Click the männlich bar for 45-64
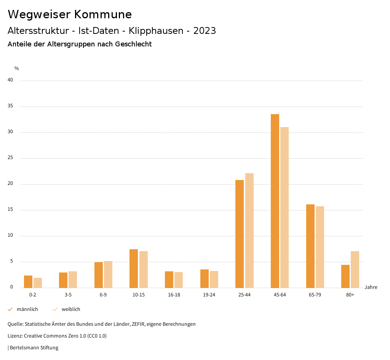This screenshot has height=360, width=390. (x=275, y=201)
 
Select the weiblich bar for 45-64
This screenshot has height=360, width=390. (x=285, y=207)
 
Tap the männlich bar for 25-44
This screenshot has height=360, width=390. (x=240, y=234)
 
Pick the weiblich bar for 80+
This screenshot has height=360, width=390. (x=355, y=269)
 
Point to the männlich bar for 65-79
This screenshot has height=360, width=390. (x=310, y=246)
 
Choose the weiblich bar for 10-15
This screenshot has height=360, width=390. (x=144, y=269)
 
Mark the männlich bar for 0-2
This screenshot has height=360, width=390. (x=28, y=282)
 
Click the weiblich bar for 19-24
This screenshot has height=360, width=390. (x=214, y=279)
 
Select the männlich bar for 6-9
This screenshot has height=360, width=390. (x=99, y=275)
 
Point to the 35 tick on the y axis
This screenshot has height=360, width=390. (x=10, y=106)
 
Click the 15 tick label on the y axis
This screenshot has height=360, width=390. (x=10, y=210)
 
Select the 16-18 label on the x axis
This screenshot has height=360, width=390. (x=174, y=295)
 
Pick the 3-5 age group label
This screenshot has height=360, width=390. (x=68, y=295)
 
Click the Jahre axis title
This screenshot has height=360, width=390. (x=371, y=287)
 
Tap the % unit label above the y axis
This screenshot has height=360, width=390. (x=17, y=68)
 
